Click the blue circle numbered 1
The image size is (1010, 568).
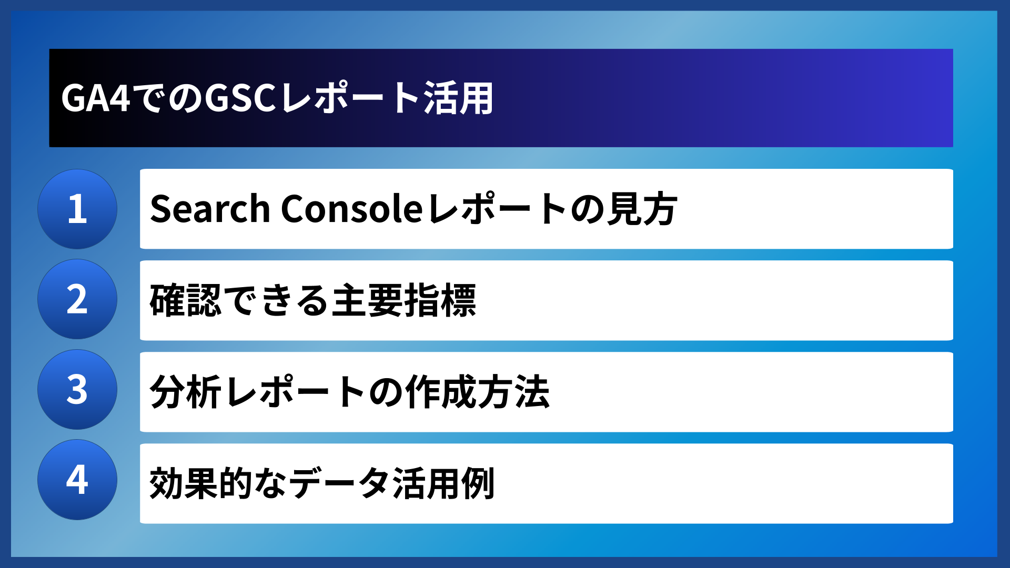click(x=77, y=209)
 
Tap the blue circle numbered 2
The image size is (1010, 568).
click(x=77, y=299)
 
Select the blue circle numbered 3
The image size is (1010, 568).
click(x=77, y=390)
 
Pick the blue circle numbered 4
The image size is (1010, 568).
click(x=77, y=480)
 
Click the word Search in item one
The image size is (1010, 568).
click(x=210, y=209)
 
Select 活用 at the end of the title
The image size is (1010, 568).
click(x=458, y=98)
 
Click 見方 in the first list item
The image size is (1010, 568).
click(x=642, y=209)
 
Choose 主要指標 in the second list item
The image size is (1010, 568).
click(x=404, y=300)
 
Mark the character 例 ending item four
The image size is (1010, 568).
click(x=478, y=483)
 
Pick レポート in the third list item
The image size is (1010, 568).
click(x=295, y=392)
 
